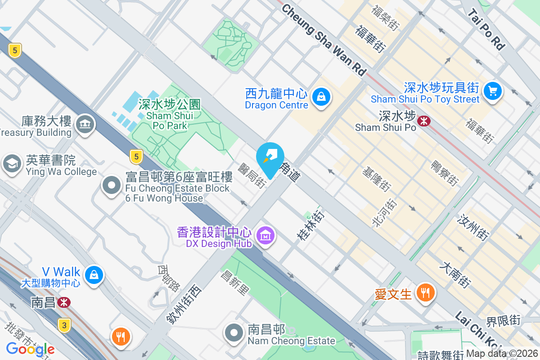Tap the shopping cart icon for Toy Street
click(x=493, y=91)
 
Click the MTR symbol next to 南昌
click(x=63, y=302)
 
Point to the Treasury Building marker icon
click(x=85, y=123)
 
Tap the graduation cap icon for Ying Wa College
click(x=12, y=163)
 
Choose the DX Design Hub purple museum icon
click(x=265, y=234)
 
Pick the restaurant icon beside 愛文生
click(x=424, y=293)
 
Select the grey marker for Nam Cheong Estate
click(x=234, y=333)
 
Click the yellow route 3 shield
click(x=65, y=325)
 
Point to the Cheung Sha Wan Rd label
click(x=324, y=40)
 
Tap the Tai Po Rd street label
click(x=486, y=30)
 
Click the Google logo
click(x=30, y=349)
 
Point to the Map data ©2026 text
click(x=502, y=354)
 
